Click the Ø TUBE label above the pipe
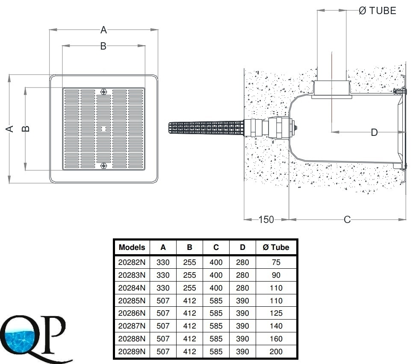377,11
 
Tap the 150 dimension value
266,220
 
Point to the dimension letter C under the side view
347,220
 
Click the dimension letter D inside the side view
374,132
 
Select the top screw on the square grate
103,92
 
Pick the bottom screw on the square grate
103,166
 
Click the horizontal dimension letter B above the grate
103,46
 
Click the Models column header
132,247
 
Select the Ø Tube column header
276,247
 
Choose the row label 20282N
132,262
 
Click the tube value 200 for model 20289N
276,352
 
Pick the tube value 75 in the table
276,262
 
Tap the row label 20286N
132,313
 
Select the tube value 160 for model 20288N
276,339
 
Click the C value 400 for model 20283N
216,275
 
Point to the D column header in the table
243,247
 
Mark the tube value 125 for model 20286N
276,313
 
